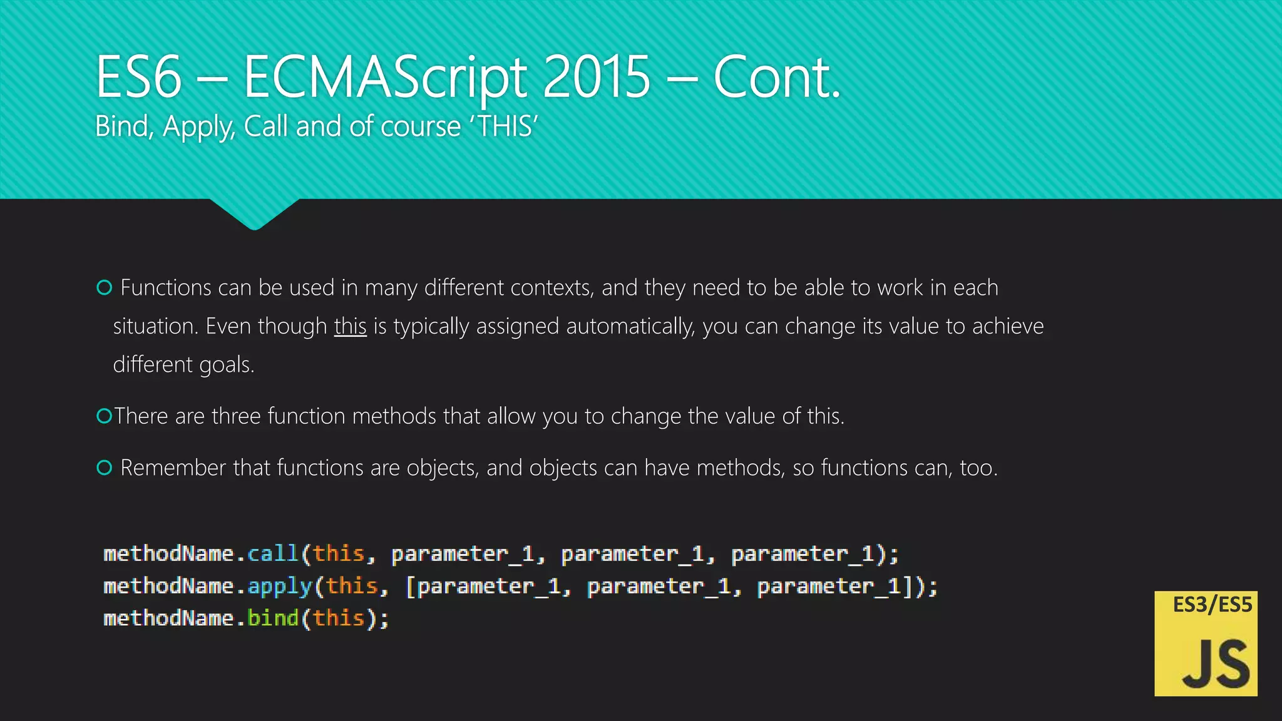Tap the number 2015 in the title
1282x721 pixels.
click(x=596, y=78)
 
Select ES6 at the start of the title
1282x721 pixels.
click(x=138, y=78)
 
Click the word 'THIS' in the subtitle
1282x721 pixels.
click(x=504, y=126)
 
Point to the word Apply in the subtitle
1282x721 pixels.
click(x=198, y=127)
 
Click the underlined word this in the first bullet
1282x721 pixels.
click(x=350, y=326)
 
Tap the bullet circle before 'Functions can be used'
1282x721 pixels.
click(x=105, y=287)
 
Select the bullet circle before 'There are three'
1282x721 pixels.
click(x=104, y=416)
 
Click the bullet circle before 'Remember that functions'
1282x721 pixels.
click(x=105, y=468)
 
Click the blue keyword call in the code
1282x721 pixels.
click(x=273, y=554)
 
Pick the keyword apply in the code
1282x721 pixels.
click(x=279, y=586)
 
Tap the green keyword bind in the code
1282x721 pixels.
click(x=273, y=618)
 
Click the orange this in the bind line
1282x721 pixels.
click(x=339, y=618)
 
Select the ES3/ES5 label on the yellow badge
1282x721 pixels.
click(x=1212, y=605)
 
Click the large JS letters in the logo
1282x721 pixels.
click(x=1215, y=665)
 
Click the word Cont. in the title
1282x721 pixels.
click(x=776, y=78)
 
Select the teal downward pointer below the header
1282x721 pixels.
click(x=254, y=215)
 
